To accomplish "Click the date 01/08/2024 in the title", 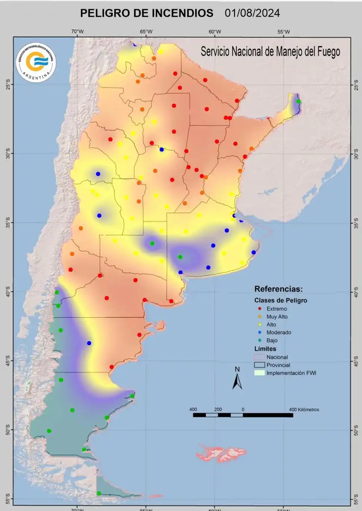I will pyautogui.click(x=252, y=13).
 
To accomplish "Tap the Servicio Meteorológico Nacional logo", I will pyautogui.click(x=36, y=62).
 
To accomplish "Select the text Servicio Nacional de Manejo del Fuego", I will pyautogui.click(x=270, y=52).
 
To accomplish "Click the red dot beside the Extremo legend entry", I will pyautogui.click(x=259, y=309).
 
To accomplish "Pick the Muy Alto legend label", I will pyautogui.click(x=277, y=317).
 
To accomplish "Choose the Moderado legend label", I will pyautogui.click(x=278, y=332).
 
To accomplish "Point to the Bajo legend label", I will pyautogui.click(x=272, y=340).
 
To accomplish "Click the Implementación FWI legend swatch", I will pyautogui.click(x=259, y=373).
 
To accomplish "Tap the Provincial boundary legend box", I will pyautogui.click(x=259, y=365).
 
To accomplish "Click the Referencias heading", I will pyautogui.click(x=278, y=289).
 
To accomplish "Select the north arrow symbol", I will pyautogui.click(x=237, y=379).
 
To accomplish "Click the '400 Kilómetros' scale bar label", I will pyautogui.click(x=304, y=409).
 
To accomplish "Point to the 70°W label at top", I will pyautogui.click(x=77, y=32).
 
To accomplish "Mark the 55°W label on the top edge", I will pyautogui.click(x=284, y=32).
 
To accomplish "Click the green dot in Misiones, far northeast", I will pyautogui.click(x=298, y=101).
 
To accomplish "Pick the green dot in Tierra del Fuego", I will pyautogui.click(x=99, y=493).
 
